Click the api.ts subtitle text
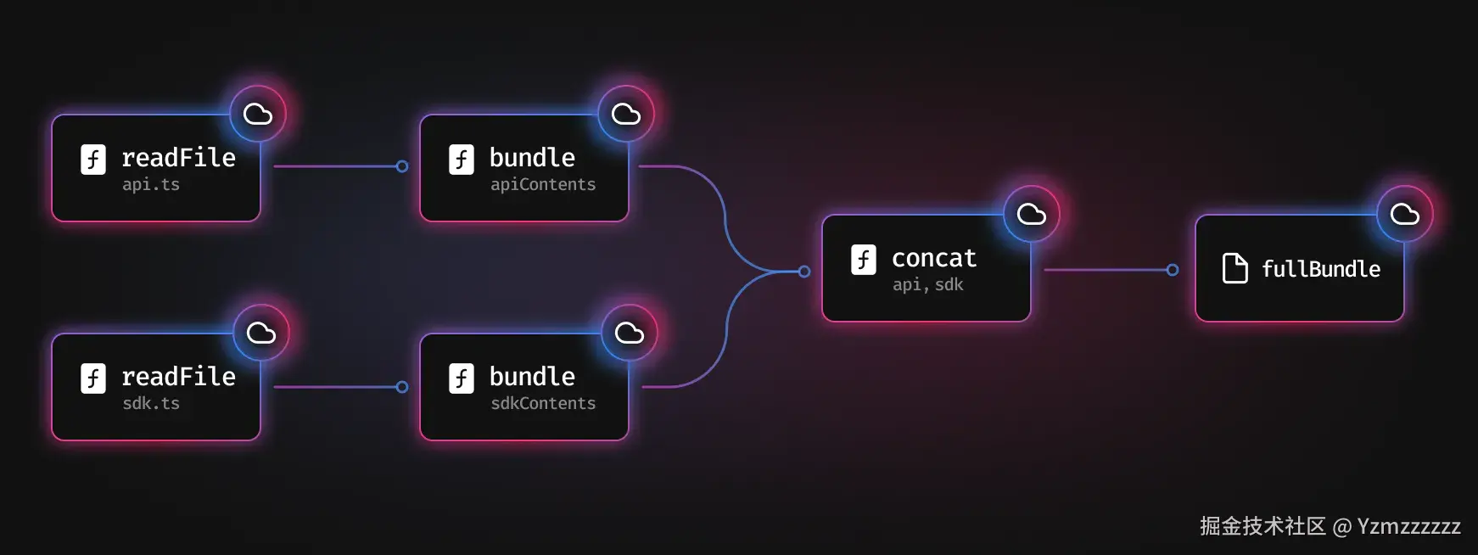click(151, 185)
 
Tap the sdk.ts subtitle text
click(151, 404)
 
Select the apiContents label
click(543, 185)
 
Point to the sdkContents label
click(543, 404)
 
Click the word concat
click(933, 258)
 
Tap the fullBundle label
click(1320, 270)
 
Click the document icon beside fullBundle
click(1234, 268)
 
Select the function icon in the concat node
click(863, 259)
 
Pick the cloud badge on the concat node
click(1031, 214)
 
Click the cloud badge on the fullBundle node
click(1404, 214)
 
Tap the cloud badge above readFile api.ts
click(258, 114)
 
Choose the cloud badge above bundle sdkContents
click(629, 333)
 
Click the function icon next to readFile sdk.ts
click(93, 378)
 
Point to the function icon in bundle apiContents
click(461, 160)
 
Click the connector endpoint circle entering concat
click(804, 272)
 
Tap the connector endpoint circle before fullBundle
click(1173, 270)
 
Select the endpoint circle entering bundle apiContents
click(402, 166)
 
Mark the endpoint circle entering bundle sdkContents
click(402, 387)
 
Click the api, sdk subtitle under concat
click(927, 285)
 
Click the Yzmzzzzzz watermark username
click(1408, 527)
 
